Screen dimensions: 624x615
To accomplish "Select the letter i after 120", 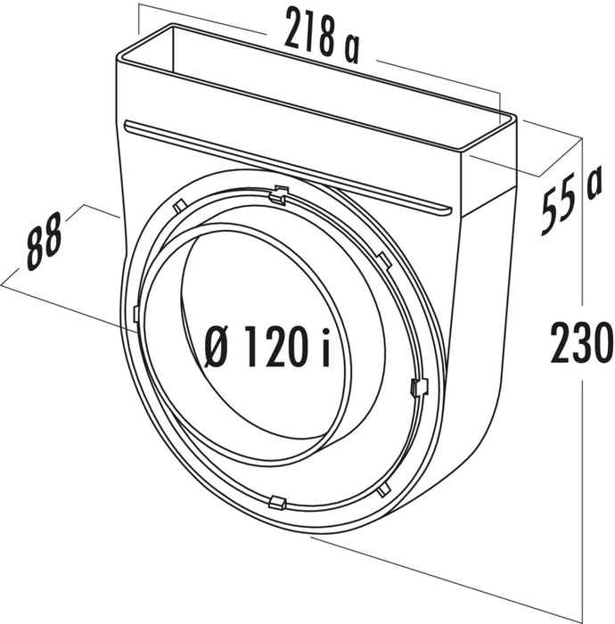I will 325,348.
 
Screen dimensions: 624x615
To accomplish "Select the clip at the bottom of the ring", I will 276,501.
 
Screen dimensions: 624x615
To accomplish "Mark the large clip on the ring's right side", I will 419,387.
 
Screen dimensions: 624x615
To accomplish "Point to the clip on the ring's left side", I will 135,314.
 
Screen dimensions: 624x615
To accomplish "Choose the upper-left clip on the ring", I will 179,207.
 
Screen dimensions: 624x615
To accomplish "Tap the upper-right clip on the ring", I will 384,259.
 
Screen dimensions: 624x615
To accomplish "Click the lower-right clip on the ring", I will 383,489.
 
